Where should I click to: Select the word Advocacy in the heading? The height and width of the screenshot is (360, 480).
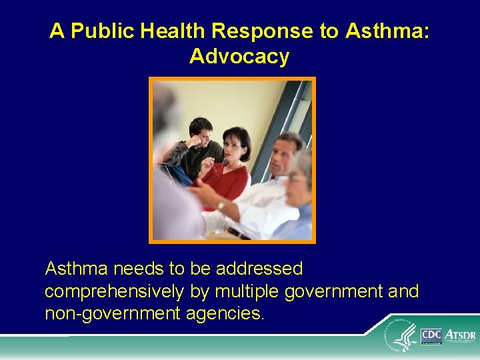[239, 57]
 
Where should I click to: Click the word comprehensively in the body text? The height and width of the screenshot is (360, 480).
[115, 292]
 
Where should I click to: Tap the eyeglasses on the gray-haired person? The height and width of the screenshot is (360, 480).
[297, 178]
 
